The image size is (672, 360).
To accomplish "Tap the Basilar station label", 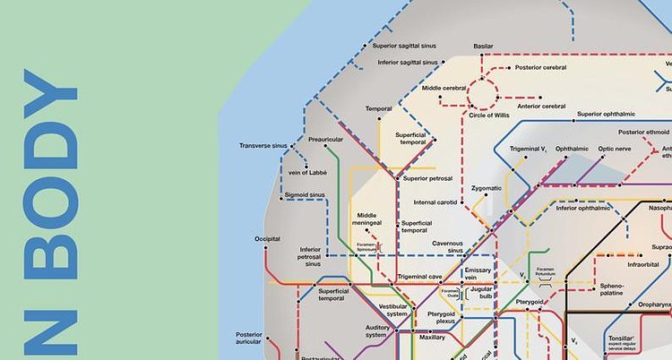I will pyautogui.click(x=483, y=45).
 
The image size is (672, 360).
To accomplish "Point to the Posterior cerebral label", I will pyautogui.click(x=542, y=67).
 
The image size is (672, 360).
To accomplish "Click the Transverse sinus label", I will pyautogui.click(x=263, y=145).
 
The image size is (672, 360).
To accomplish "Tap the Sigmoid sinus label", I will pyautogui.click(x=305, y=194).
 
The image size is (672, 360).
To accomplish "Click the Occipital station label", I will pyautogui.click(x=267, y=239).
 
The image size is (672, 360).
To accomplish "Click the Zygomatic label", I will pyautogui.click(x=486, y=189).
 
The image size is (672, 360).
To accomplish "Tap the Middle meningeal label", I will pyautogui.click(x=368, y=219).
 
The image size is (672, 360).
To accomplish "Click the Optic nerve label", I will pyautogui.click(x=615, y=149).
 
